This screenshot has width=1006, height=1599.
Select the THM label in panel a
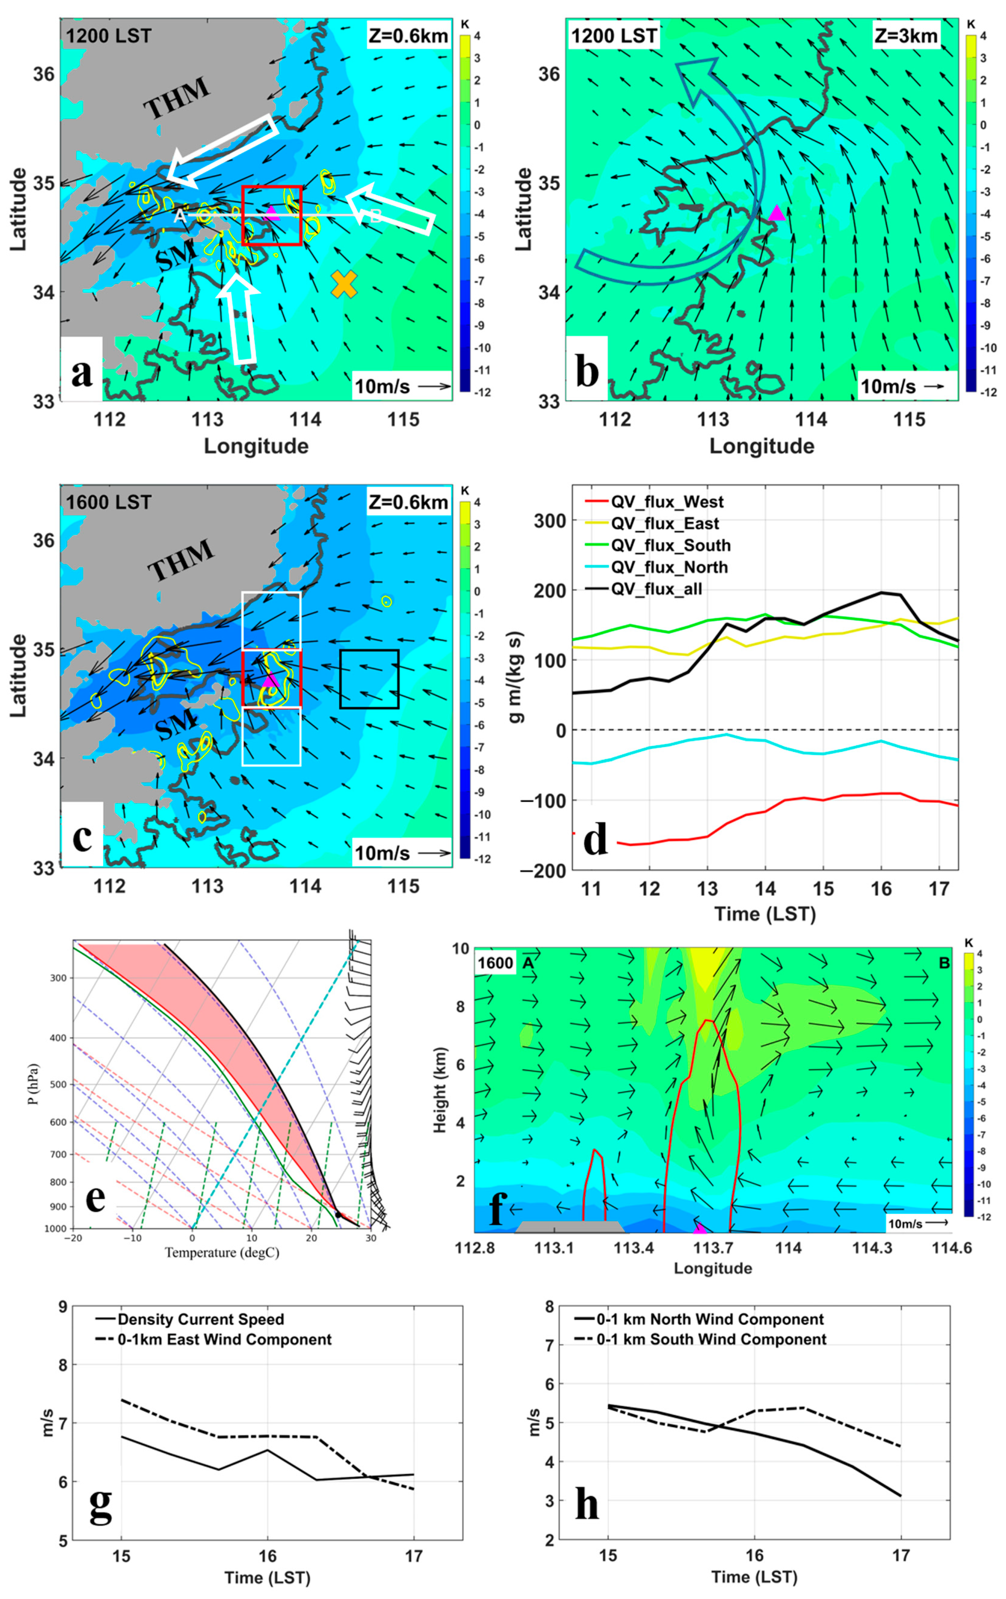tap(177, 98)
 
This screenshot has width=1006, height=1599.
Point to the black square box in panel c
tap(369, 679)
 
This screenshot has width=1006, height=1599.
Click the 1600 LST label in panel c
tap(108, 502)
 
